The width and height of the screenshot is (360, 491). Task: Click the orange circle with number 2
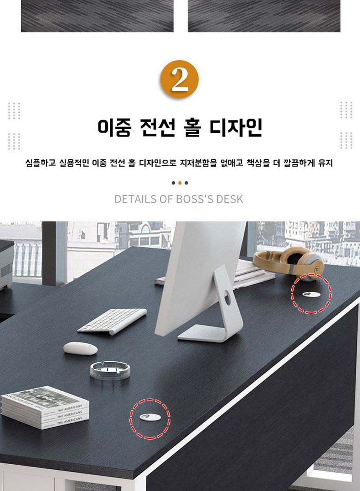(180, 79)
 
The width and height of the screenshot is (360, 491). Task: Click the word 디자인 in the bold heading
(236, 127)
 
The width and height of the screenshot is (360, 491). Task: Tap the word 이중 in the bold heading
(114, 127)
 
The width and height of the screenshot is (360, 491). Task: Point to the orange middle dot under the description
(180, 183)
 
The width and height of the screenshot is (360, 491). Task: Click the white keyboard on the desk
(112, 321)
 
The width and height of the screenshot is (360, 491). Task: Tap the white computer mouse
(80, 348)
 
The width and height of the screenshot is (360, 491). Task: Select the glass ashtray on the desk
(110, 371)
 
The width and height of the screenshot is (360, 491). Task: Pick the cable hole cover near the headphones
(311, 294)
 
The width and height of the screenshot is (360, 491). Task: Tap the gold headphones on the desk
(288, 262)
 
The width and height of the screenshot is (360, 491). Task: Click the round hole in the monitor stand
(228, 298)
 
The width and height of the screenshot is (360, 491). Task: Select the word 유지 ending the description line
(325, 163)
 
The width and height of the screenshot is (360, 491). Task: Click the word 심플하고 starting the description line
(41, 163)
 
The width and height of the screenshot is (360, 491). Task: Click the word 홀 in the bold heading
(192, 127)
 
